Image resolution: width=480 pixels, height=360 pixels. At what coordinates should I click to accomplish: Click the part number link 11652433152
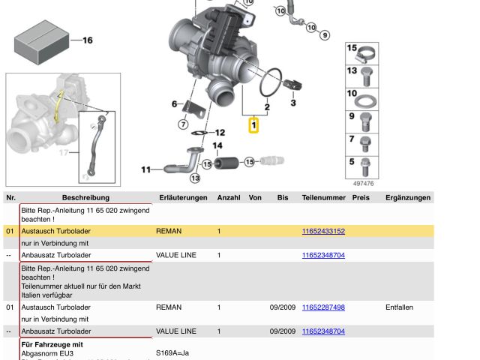pos(323,232)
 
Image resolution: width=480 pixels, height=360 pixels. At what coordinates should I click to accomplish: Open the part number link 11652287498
pos(323,307)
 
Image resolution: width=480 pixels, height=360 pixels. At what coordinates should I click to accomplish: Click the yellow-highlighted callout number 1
pos(254,124)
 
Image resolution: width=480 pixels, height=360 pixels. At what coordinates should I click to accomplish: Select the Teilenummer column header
pos(324,198)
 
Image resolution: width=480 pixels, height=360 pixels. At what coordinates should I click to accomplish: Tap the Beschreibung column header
pos(85,198)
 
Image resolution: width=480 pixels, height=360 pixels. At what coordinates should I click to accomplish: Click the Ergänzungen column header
pos(408,198)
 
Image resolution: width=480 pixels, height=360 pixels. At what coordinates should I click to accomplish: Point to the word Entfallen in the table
pos(399,307)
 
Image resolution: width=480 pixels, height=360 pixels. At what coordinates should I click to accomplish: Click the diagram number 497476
pos(363,183)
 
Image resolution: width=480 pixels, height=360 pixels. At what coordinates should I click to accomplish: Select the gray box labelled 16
pos(39,40)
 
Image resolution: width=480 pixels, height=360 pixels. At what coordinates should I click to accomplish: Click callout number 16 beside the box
pos(87,40)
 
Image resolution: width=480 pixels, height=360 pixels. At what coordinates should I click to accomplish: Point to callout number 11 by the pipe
pos(146,169)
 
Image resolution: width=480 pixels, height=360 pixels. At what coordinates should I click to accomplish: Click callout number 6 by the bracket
pos(174,104)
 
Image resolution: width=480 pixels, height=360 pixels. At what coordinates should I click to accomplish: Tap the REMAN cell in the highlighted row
pos(169,232)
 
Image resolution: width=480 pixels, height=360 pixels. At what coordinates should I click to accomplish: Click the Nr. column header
pos(10,198)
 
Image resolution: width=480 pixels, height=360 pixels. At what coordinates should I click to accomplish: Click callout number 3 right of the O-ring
pos(293,102)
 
